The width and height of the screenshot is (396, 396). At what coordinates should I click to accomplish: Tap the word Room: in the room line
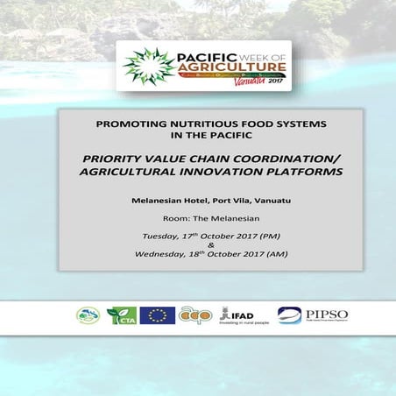[176, 219]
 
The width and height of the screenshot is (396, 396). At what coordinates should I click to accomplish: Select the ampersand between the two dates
[198, 246]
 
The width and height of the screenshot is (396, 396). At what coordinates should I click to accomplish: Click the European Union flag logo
[157, 315]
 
